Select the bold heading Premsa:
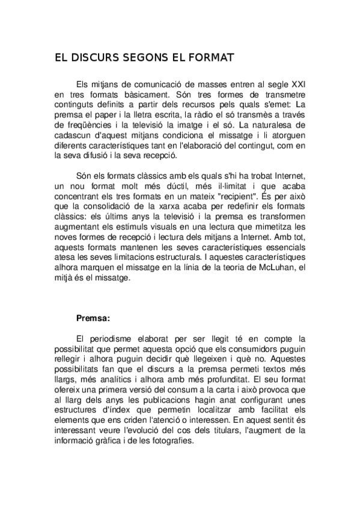pos(93,318)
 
